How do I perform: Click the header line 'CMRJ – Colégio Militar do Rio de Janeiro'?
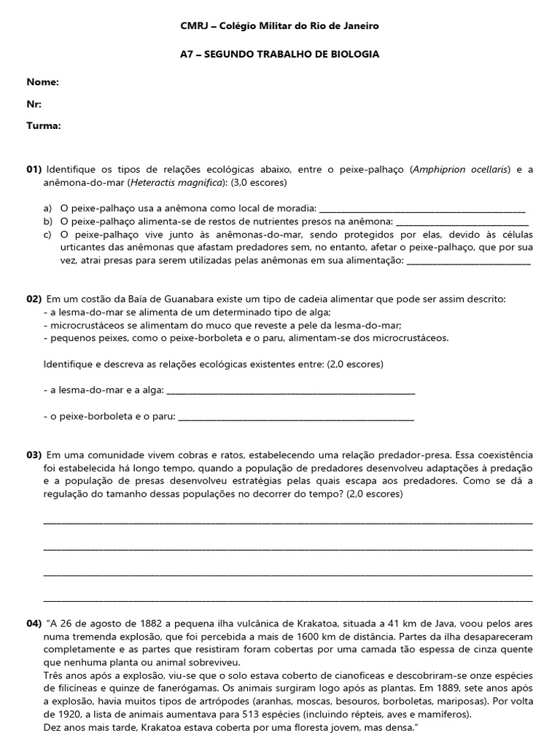(280, 26)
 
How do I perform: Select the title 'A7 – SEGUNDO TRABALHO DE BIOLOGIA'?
(280, 55)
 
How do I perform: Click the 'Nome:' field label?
(43, 82)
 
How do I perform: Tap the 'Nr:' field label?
(34, 104)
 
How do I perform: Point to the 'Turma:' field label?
(44, 125)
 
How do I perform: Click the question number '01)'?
(35, 170)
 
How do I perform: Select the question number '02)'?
(35, 299)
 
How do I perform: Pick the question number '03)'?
(35, 455)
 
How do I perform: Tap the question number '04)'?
(35, 624)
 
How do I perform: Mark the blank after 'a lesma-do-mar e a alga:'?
(291, 393)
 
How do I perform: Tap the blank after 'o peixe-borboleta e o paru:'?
(296, 420)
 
